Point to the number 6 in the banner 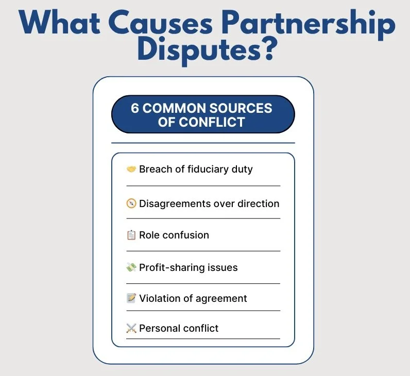tap(134, 109)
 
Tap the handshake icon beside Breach tap(131, 169)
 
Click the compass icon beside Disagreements tap(131, 203)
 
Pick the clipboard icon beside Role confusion tap(131, 235)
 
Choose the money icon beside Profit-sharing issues tap(131, 267)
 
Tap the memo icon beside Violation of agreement tap(131, 298)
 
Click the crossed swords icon tap(131, 328)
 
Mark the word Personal tap(160, 328)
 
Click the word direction tap(258, 203)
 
